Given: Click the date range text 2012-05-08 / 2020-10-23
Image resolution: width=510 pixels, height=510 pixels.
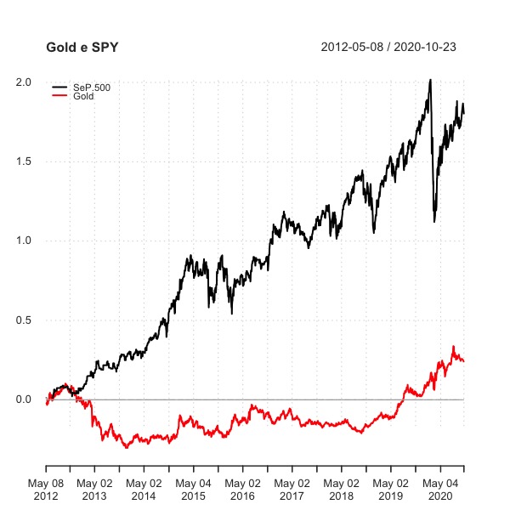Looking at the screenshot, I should (388, 47).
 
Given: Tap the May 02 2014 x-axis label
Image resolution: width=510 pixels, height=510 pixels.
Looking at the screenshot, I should (143, 488).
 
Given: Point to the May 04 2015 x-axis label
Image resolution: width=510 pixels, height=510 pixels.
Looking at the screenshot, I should (193, 488).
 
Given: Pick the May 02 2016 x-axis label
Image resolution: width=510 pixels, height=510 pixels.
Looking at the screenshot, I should (242, 488).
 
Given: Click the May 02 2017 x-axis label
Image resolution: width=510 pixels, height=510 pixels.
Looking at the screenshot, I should (292, 488).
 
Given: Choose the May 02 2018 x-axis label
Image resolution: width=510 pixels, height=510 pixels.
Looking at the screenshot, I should (341, 488).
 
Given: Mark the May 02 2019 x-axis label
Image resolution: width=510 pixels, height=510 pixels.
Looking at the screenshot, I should (390, 488).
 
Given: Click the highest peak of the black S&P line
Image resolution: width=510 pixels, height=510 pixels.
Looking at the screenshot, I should (430, 80).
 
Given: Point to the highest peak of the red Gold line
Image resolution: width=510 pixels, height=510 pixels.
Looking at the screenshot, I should (454, 346).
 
